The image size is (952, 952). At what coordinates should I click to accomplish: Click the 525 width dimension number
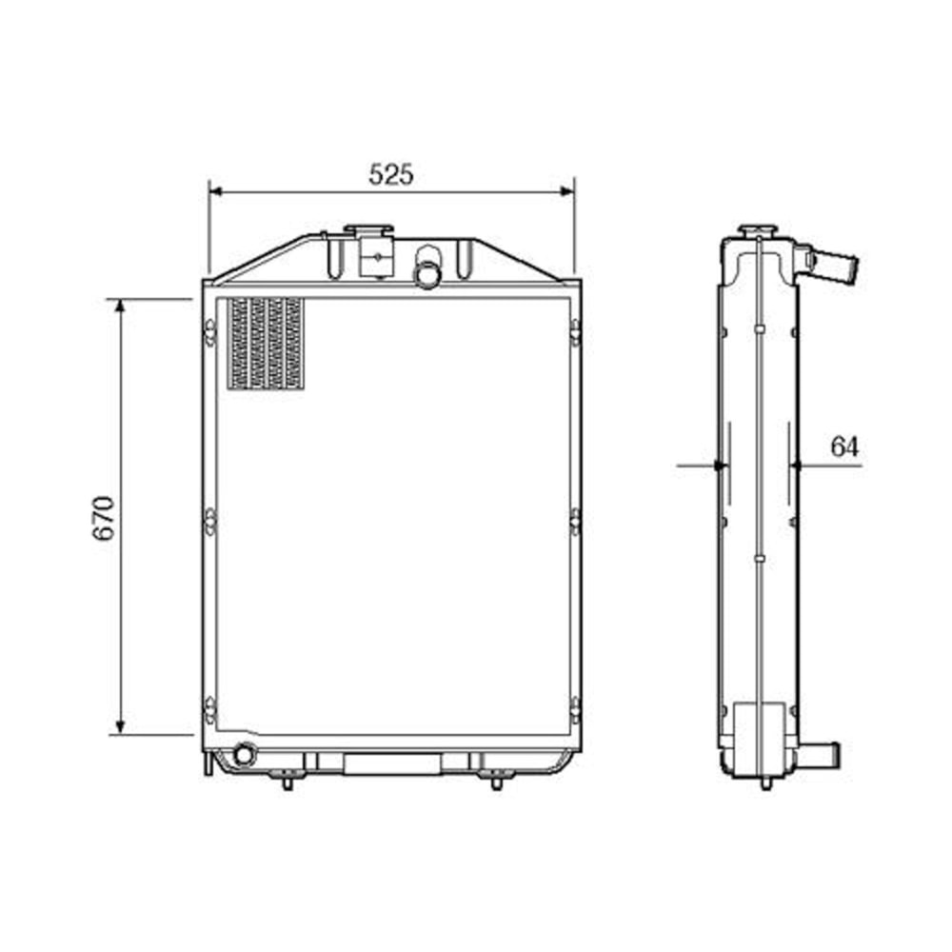pos(391,174)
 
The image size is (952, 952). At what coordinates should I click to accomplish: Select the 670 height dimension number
pos(104,517)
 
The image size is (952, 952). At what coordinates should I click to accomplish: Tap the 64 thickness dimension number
pos(844,446)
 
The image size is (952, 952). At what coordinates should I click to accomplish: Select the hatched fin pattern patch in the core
pos(266,344)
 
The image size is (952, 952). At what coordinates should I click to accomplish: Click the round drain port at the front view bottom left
pos(245,754)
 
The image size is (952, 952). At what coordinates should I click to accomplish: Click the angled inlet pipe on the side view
pos(835,266)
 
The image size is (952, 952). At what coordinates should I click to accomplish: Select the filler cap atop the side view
pos(759,229)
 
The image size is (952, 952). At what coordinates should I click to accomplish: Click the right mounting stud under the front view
pos(496,783)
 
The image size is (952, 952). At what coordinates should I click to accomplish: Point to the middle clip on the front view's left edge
pos(209,520)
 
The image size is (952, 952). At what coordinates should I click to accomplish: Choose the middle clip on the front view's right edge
pos(575,520)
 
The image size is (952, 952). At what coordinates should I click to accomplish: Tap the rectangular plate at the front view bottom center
pos(392,764)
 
